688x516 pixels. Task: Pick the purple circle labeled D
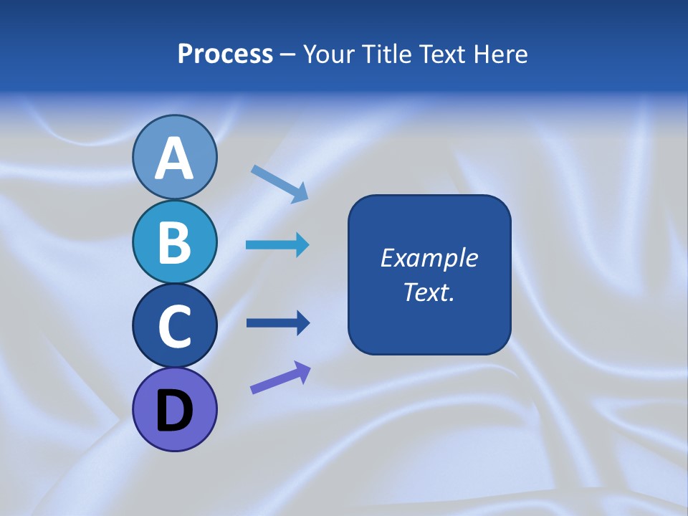[x=174, y=410]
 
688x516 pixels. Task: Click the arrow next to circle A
[x=279, y=183]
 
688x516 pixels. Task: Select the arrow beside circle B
[x=277, y=245]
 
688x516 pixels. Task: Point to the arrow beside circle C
[x=277, y=323]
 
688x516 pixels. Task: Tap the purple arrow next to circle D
[x=280, y=378]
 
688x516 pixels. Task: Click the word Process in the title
[x=225, y=54]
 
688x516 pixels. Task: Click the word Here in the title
[x=501, y=54]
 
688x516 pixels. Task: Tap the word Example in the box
[x=429, y=258]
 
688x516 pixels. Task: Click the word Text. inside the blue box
[x=429, y=292]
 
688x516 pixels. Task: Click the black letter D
[x=174, y=411]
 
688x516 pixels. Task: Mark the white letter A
[x=174, y=159]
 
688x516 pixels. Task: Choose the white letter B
[x=174, y=242]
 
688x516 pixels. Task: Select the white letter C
[x=174, y=326]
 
